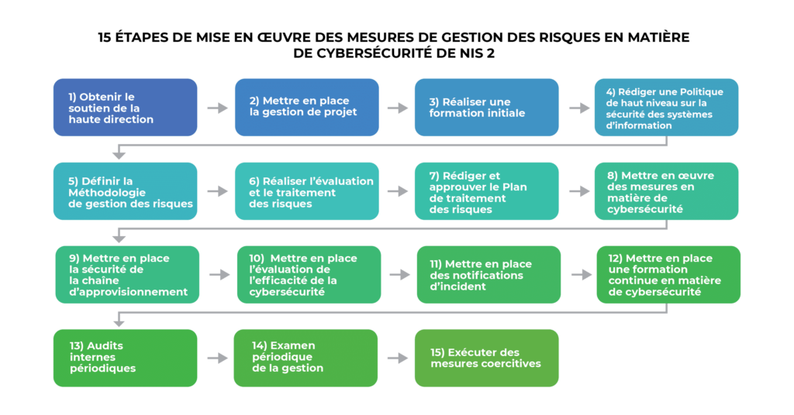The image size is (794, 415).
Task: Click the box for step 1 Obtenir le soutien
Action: [125, 108]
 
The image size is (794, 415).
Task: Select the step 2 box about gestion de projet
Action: [306, 108]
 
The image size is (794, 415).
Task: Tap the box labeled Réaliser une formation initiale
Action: [486, 108]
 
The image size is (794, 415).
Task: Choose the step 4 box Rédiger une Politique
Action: [667, 108]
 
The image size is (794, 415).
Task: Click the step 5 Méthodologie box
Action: [125, 191]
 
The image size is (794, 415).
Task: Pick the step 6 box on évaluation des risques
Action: [306, 191]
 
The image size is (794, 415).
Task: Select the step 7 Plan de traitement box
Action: [486, 191]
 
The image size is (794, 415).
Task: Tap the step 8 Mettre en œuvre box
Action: [667, 191]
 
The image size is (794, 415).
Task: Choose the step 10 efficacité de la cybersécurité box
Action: [309, 275]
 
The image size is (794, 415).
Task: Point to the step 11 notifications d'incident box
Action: [488, 275]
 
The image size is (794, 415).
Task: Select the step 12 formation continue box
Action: [668, 275]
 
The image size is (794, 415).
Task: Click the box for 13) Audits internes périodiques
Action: [125, 358]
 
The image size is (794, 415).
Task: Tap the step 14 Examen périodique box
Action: [306, 358]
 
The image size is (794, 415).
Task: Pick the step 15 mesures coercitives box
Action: [486, 358]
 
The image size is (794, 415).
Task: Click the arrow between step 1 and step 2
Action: [218, 108]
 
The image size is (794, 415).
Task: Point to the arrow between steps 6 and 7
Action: [398, 191]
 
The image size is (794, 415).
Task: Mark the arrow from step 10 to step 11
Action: [400, 275]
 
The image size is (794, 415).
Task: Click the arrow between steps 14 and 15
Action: [398, 358]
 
